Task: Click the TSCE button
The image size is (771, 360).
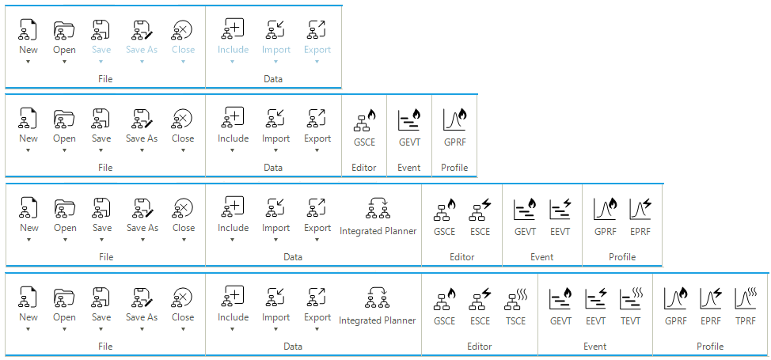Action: pyautogui.click(x=515, y=307)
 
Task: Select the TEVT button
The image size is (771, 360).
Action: pyautogui.click(x=631, y=307)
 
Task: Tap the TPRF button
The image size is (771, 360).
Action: pyautogui.click(x=745, y=307)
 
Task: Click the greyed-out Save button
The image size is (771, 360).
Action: pyautogui.click(x=101, y=41)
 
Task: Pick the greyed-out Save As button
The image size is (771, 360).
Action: pyautogui.click(x=142, y=41)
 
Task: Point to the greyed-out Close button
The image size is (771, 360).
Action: pyautogui.click(x=183, y=41)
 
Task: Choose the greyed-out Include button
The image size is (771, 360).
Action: pyautogui.click(x=233, y=41)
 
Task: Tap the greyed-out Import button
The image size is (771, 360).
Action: pyautogui.click(x=275, y=41)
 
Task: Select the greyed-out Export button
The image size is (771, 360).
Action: pyautogui.click(x=317, y=41)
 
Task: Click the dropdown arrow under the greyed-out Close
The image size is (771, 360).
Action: pyautogui.click(x=183, y=62)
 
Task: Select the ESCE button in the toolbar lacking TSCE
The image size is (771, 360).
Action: pyautogui.click(x=480, y=218)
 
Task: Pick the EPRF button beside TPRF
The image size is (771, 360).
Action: pyautogui.click(x=711, y=307)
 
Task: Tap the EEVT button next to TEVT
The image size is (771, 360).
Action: pyautogui.click(x=595, y=307)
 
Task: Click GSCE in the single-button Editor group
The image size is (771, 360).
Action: pyautogui.click(x=364, y=128)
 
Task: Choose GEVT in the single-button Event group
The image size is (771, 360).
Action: pyautogui.click(x=409, y=128)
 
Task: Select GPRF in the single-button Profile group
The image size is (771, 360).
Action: pyautogui.click(x=454, y=128)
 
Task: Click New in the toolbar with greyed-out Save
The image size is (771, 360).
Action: pyautogui.click(x=28, y=41)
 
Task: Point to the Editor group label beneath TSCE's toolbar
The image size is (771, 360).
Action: pyautogui.click(x=480, y=347)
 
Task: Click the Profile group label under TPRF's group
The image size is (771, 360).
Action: pyautogui.click(x=710, y=347)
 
